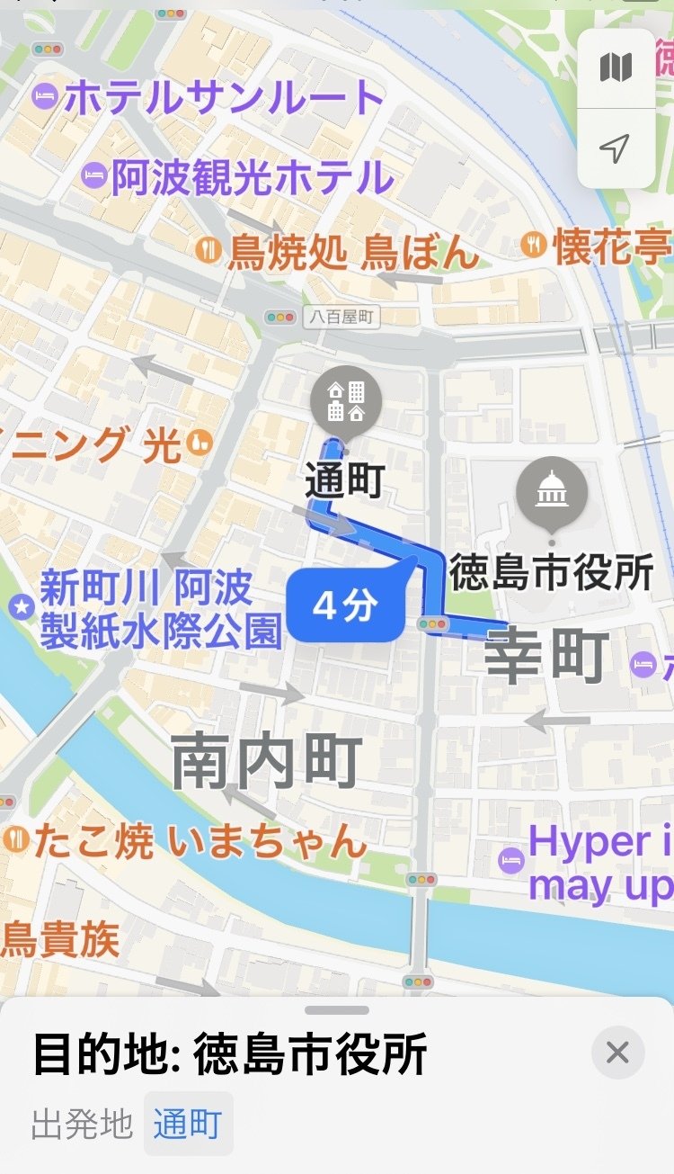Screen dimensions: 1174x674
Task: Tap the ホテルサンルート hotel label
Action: pos(223,97)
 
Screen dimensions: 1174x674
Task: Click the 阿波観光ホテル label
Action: pos(252,177)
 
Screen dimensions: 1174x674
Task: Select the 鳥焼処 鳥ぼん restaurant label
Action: pos(352,252)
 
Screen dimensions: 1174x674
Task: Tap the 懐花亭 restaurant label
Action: pos(611,247)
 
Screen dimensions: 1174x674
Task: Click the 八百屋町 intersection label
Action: pos(341,317)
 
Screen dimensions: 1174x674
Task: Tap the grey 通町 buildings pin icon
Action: pos(346,401)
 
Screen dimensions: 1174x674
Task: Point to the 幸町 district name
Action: pos(546,657)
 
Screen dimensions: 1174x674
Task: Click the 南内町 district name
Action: pos(267,761)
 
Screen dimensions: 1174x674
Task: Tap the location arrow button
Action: pos(616,148)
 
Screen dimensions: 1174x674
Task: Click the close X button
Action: pos(617,1053)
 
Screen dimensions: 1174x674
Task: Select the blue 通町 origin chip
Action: pos(188,1125)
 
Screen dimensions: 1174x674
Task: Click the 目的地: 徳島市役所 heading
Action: pos(230,1054)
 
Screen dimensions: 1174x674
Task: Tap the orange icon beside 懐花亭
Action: pos(534,244)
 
